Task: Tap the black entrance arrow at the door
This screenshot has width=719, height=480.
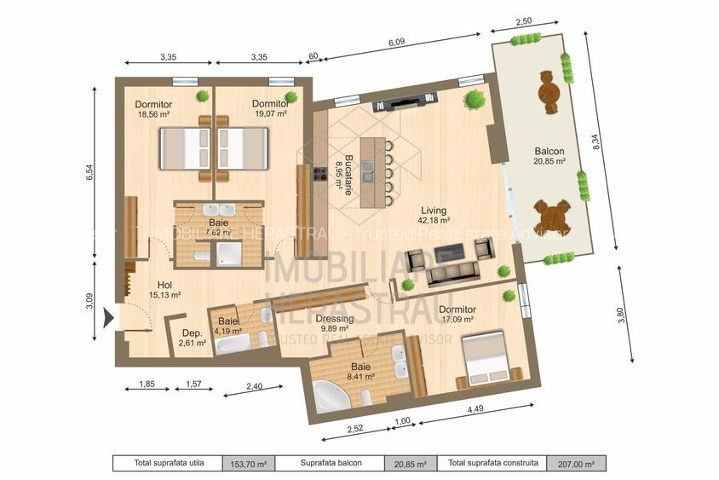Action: [107, 319]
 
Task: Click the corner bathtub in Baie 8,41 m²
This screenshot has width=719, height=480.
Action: [329, 396]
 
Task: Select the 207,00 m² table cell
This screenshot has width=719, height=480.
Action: [576, 464]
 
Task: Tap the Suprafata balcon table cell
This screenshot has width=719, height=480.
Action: [331, 464]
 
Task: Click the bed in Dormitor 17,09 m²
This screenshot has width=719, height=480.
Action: [486, 360]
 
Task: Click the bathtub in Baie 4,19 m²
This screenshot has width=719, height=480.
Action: [232, 344]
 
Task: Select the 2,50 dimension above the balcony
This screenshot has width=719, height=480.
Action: [524, 20]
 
